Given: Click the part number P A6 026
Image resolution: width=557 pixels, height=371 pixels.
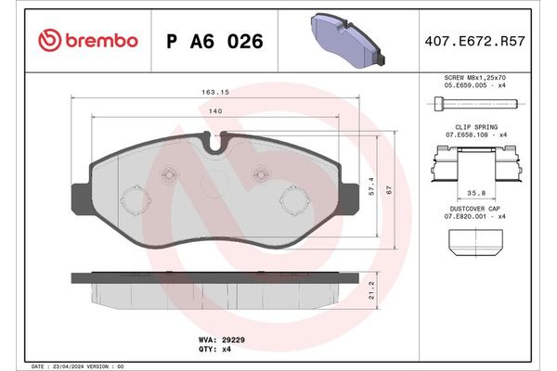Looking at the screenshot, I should click(214, 41).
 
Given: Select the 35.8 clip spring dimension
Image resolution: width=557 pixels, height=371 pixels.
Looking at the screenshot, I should click(477, 194).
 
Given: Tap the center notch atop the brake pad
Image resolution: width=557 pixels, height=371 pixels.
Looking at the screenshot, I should click(216, 142).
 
